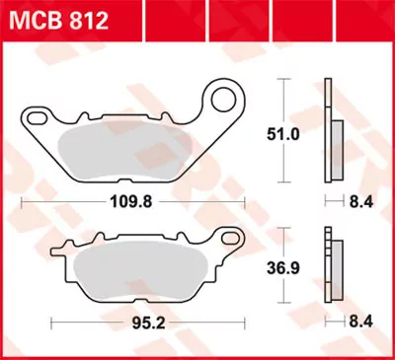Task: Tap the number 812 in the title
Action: tap(86, 21)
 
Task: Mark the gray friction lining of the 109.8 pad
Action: tap(128, 148)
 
